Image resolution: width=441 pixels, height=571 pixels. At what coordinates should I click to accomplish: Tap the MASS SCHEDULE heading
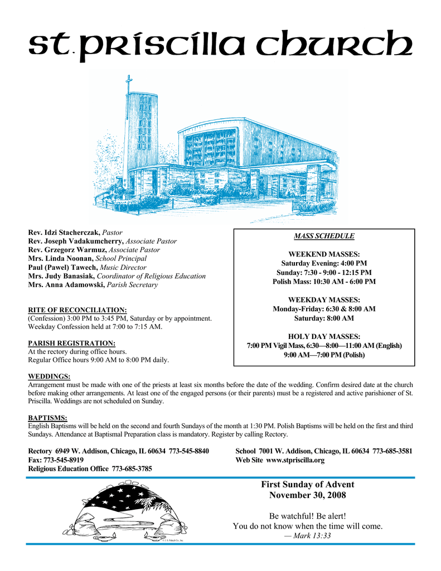click(x=324, y=236)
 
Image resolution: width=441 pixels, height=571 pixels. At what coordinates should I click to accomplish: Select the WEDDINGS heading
click(x=49, y=376)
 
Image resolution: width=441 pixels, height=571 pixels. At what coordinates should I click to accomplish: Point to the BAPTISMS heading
click(x=47, y=417)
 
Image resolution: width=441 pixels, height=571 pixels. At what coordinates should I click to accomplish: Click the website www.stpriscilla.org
click(x=295, y=460)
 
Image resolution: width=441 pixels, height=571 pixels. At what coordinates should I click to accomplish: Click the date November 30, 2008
click(x=307, y=495)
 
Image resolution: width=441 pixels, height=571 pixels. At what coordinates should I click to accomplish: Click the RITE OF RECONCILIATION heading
click(x=77, y=309)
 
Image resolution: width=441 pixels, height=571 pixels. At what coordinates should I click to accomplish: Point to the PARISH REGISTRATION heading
click(x=72, y=343)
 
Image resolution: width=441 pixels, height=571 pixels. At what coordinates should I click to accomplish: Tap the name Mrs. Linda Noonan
click(x=61, y=258)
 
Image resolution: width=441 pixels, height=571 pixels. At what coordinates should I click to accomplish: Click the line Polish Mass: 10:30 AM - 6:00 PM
click(x=324, y=282)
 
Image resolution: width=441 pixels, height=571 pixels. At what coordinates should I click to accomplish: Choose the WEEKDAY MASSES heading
click(x=324, y=299)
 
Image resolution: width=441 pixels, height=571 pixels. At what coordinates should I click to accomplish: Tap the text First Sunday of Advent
click(x=307, y=485)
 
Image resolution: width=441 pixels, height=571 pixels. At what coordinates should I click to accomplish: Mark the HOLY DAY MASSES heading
click(x=324, y=336)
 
